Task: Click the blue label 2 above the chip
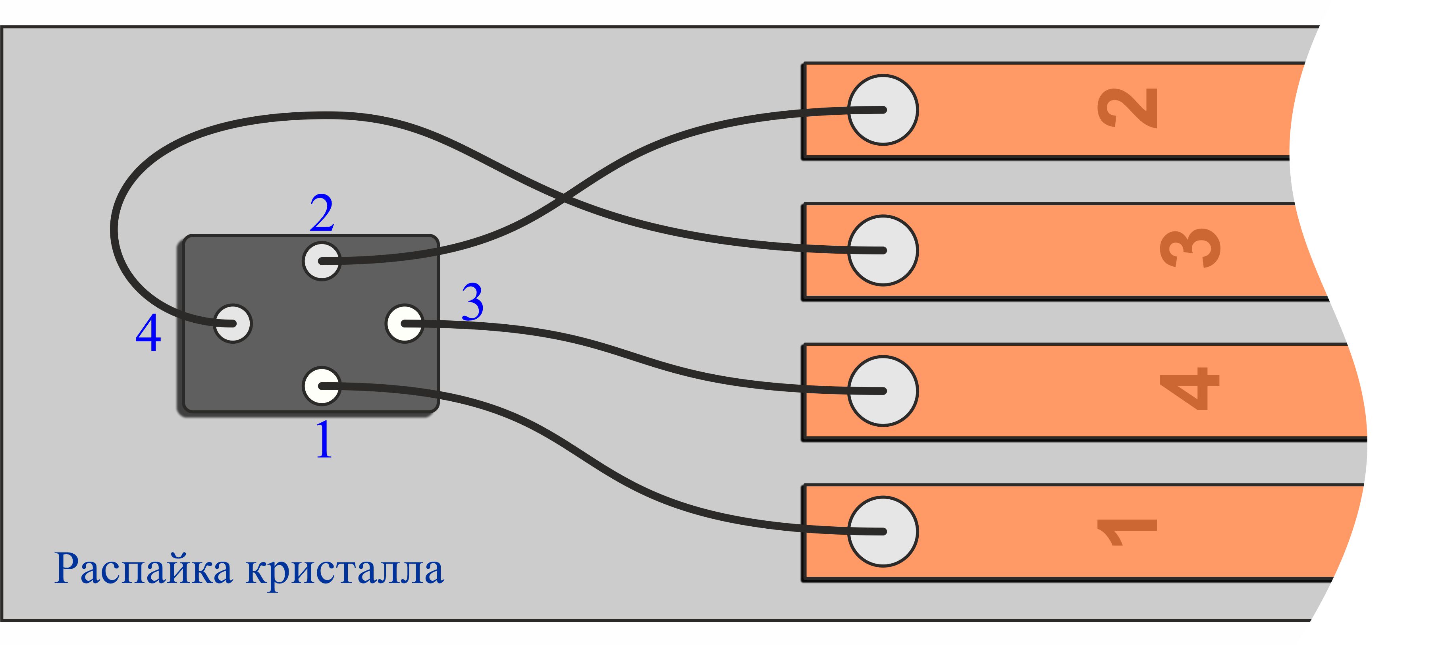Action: [322, 213]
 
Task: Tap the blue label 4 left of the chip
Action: [148, 333]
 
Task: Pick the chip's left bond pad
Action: [233, 323]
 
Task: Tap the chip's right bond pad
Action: [404, 323]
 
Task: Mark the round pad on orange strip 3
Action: [883, 250]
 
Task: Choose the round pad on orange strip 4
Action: [883, 391]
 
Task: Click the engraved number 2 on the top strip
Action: [1127, 108]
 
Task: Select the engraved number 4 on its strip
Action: [1189, 389]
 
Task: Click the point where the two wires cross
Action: [564, 197]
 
